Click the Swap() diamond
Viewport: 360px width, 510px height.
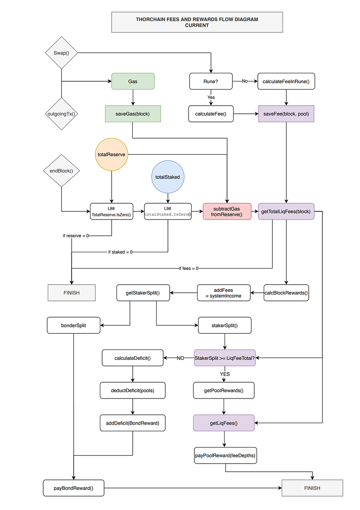(61, 53)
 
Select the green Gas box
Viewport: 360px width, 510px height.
(133, 81)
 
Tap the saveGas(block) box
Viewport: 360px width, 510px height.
(133, 114)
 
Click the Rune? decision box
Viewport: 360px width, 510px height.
(211, 81)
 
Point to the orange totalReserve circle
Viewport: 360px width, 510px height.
(112, 155)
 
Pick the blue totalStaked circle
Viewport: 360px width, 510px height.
(168, 177)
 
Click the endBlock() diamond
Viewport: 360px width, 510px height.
(61, 171)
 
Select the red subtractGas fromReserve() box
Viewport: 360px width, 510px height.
(227, 211)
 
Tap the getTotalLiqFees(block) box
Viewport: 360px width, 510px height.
(286, 211)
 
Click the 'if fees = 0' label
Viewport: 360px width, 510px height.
(189, 268)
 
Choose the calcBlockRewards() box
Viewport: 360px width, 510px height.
(286, 293)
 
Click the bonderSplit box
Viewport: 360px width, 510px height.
(73, 325)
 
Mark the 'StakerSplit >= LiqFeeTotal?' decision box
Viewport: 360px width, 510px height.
(225, 358)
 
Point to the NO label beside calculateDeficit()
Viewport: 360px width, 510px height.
(180, 358)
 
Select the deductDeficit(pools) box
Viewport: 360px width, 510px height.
(132, 390)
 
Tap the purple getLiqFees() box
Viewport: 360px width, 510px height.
(224, 423)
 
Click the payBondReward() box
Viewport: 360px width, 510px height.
(73, 488)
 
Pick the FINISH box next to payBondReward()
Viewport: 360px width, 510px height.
(312, 488)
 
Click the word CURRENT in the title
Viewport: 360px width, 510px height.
(197, 25)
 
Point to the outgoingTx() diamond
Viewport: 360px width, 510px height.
(61, 114)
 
